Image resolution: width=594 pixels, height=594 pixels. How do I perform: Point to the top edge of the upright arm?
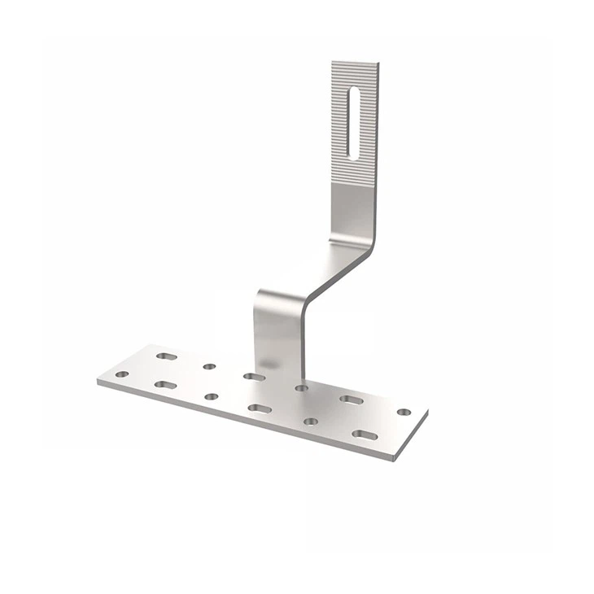coord(356,61)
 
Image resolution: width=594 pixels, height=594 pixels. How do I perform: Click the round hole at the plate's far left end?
coord(122,374)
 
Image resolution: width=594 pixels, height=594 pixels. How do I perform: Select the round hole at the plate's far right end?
coord(404,413)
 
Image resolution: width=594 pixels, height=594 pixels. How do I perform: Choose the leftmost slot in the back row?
coord(166,356)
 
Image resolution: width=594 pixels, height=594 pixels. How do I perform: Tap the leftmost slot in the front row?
coord(165,384)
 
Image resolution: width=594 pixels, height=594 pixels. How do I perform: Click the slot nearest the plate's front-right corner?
coord(365,435)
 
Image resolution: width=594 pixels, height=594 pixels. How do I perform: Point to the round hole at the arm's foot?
coord(302,388)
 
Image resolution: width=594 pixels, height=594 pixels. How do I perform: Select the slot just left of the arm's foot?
coord(253,377)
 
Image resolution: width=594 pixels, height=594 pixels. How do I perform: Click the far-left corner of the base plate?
coord(98,381)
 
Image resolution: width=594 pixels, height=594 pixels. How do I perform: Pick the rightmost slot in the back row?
coord(352,400)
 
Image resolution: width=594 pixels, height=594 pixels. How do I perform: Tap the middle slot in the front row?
coord(260,408)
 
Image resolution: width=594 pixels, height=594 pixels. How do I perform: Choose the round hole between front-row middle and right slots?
coord(310,421)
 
